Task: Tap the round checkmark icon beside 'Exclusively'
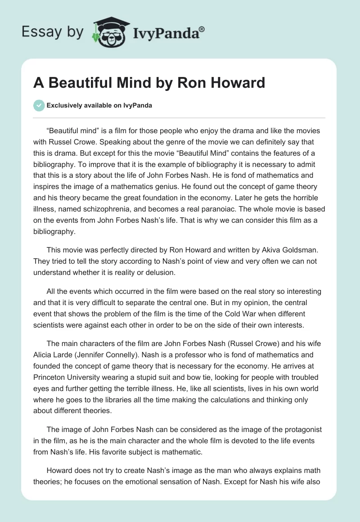point(39,105)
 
